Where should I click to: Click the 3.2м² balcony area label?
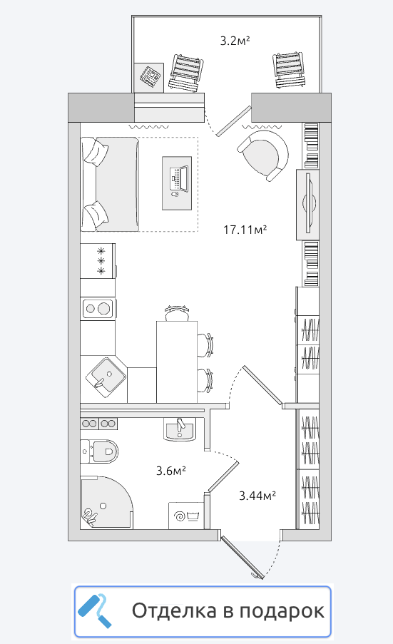click(x=235, y=41)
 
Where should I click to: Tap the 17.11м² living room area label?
click(x=245, y=229)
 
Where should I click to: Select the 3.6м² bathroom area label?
click(x=171, y=470)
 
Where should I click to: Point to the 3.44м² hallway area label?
click(x=257, y=496)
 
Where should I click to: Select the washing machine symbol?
click(x=185, y=516)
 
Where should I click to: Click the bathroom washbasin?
click(x=179, y=429)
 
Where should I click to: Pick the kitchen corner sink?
click(x=106, y=377)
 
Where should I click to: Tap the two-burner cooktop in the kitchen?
click(x=98, y=308)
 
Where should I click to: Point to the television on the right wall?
click(x=308, y=204)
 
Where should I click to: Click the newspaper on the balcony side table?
click(x=150, y=76)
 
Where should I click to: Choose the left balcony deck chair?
click(x=186, y=73)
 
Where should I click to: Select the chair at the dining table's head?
click(x=177, y=313)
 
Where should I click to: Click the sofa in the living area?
click(x=110, y=184)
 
